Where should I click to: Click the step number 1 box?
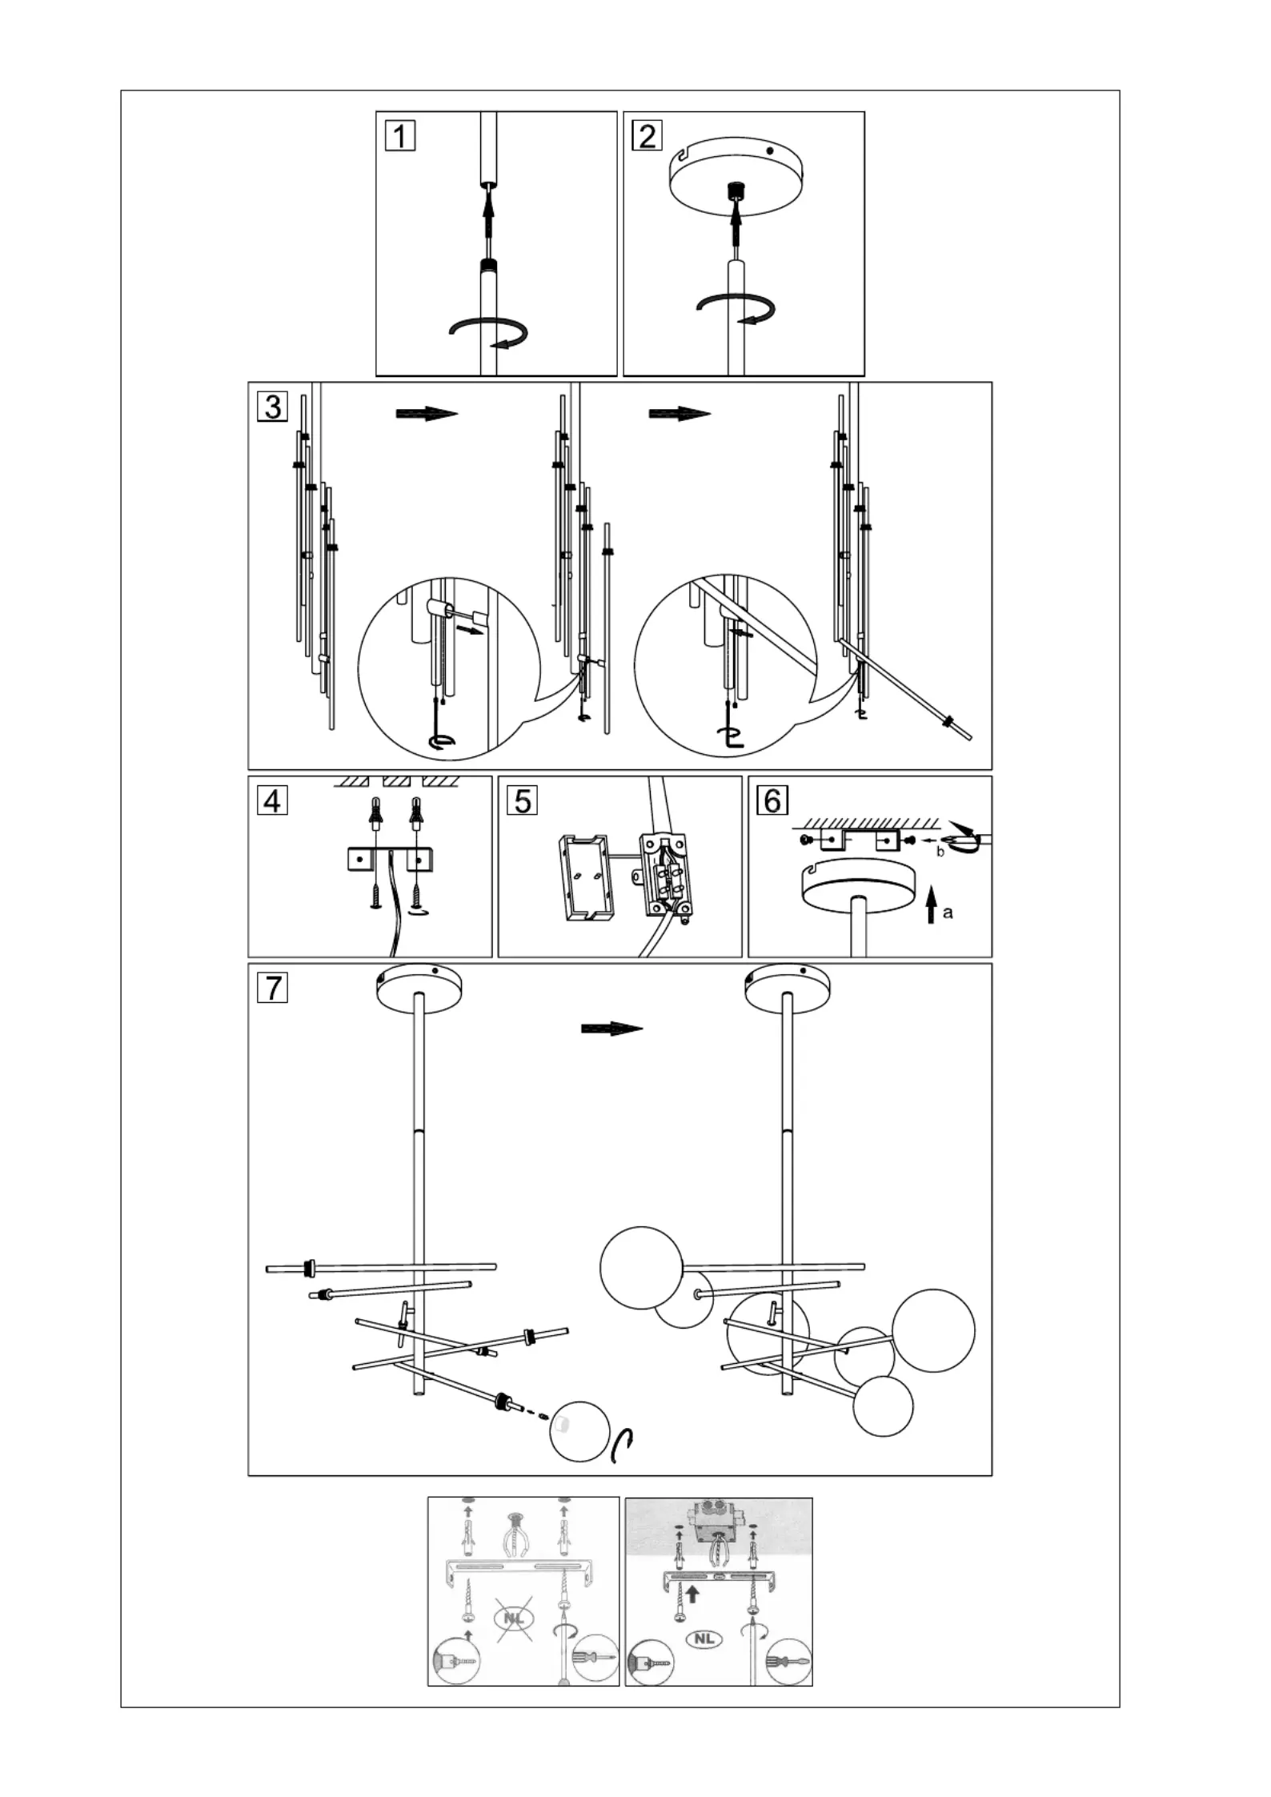coord(399,134)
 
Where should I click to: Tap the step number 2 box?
coord(647,134)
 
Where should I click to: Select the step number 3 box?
coord(272,407)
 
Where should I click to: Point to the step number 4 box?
coord(273,800)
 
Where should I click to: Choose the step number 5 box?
coord(523,800)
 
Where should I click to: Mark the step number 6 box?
coord(772,800)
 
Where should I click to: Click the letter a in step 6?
coord(948,913)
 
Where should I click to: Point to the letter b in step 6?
coord(940,852)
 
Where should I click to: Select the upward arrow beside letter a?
coord(931,909)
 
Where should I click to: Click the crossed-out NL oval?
coord(513,1618)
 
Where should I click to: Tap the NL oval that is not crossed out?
coord(704,1639)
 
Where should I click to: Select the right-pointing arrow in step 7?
coord(612,1029)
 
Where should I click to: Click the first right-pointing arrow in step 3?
coord(427,414)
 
